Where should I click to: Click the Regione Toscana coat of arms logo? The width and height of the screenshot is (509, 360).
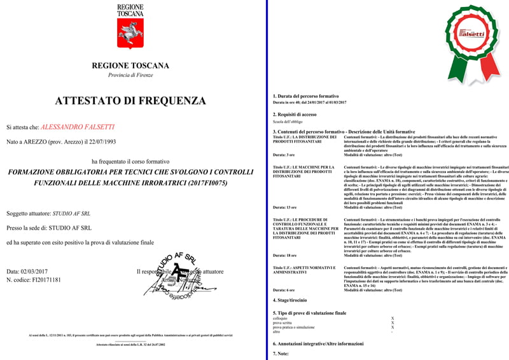(x=130, y=35)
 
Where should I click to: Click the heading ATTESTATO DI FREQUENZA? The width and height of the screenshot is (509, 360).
(x=130, y=100)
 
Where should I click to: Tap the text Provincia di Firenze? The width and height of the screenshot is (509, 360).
(x=130, y=75)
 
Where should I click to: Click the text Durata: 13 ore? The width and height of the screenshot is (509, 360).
(x=284, y=207)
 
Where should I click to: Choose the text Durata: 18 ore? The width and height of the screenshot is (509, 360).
(x=284, y=254)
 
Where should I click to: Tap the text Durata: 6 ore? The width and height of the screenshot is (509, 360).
(x=283, y=290)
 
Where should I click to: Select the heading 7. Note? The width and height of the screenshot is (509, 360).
(x=281, y=353)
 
